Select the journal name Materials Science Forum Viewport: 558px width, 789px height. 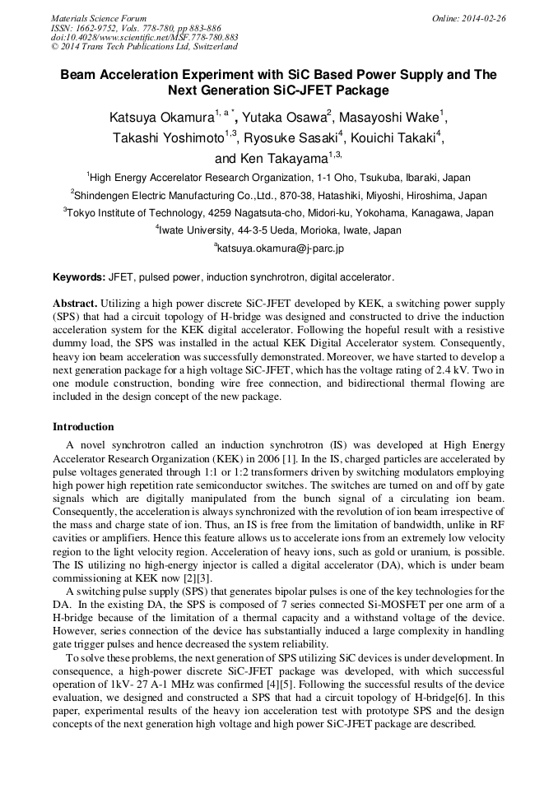[x=99, y=18]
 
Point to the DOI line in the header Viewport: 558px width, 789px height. [x=145, y=37]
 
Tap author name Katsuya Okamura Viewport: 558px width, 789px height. [x=161, y=118]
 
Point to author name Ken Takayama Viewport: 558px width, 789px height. [x=272, y=159]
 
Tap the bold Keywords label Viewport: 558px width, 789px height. [x=79, y=276]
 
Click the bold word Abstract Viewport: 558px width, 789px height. [x=75, y=303]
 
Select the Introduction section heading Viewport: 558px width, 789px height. [x=83, y=427]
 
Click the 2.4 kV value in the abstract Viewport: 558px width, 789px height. [x=459, y=370]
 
